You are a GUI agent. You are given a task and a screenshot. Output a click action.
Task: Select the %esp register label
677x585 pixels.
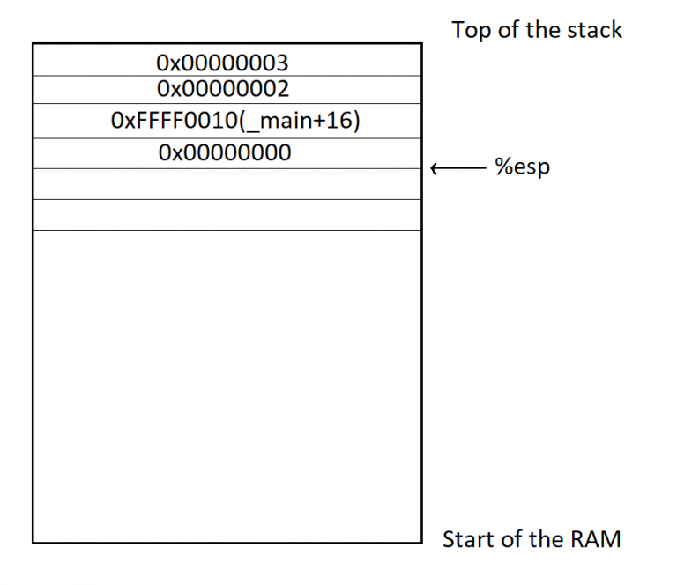[x=521, y=167]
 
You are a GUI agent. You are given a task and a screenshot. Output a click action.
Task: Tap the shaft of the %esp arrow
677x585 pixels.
[x=462, y=167]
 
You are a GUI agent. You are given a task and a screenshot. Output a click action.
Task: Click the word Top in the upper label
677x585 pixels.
[x=471, y=30]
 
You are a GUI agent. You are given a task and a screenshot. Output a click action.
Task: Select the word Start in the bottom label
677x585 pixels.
[x=467, y=539]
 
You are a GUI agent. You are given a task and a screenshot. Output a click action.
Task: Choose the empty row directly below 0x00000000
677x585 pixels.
[x=227, y=183]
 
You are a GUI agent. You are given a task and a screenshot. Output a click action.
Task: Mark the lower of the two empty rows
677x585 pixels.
[x=227, y=215]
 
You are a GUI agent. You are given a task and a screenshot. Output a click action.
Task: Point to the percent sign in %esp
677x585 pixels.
[x=502, y=167]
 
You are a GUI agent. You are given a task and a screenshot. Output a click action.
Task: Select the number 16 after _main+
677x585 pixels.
[x=340, y=121]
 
